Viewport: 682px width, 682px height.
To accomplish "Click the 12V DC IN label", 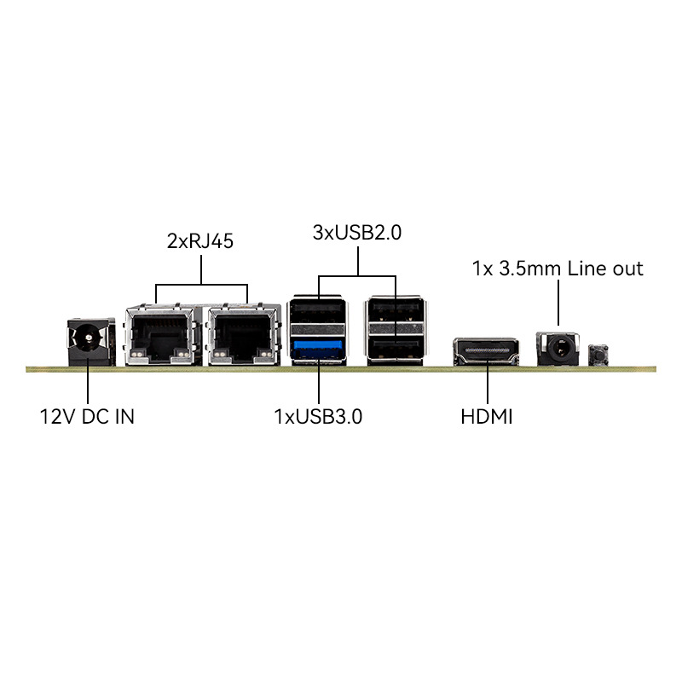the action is click(87, 418).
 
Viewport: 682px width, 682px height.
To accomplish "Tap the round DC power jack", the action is click(89, 340).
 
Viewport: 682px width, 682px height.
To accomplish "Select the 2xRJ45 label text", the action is click(200, 240).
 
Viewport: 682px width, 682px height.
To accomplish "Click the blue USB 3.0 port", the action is click(320, 349).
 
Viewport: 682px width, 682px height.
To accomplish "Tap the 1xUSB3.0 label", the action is click(318, 418).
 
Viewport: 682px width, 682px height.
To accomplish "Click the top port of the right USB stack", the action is click(395, 314).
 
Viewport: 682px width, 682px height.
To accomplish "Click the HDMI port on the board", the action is click(487, 351).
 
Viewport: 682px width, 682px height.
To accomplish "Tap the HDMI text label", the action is click(487, 418).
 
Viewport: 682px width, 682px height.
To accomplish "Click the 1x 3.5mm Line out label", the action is click(558, 269).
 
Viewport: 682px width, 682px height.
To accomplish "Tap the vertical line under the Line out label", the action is click(558, 304).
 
